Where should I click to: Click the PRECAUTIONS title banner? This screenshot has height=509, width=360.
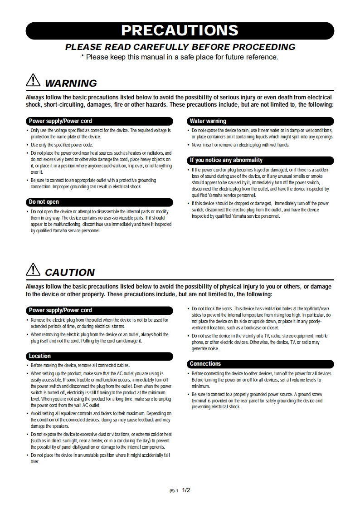180,30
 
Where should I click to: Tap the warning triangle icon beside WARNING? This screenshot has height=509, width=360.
34,81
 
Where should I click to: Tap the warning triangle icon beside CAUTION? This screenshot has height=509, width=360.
34,270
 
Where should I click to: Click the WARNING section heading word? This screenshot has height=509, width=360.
71,83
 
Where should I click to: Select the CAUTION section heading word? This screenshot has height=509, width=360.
70,272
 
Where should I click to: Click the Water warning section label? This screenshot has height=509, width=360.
208,121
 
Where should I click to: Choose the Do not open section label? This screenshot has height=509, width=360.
44,202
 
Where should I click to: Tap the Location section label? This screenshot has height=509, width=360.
40,356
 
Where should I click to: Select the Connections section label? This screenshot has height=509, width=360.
205,364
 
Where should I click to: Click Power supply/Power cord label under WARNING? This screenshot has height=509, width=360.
60,121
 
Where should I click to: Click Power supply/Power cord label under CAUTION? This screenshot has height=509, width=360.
60,310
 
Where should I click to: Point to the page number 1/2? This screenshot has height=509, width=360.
186,490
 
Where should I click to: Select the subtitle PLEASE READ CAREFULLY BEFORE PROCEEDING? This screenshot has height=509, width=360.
180,47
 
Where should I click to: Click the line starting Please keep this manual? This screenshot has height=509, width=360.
180,57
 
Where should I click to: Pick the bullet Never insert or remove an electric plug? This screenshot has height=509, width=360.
240,145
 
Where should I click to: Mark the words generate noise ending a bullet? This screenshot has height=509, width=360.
205,349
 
